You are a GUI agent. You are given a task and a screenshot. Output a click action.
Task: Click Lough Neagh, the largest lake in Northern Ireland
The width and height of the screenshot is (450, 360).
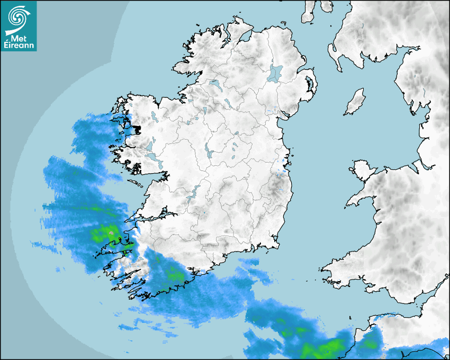click(x=275, y=73)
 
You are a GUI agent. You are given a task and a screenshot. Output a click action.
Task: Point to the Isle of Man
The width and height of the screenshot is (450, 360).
click(x=355, y=102)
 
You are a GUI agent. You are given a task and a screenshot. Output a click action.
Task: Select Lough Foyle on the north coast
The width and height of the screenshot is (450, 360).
click(x=245, y=37)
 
